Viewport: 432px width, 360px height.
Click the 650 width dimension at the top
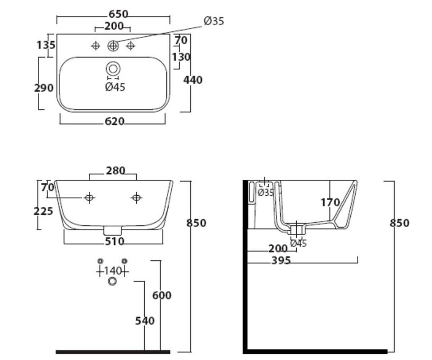tap(118, 14)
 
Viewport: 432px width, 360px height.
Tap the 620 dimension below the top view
tap(114, 121)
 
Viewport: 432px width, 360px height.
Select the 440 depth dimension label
tap(193, 80)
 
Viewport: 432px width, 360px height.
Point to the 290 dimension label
tap(44, 88)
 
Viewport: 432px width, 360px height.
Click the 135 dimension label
tap(46, 45)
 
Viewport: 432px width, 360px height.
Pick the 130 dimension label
tap(181, 57)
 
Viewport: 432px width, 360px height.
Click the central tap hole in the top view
tap(113, 46)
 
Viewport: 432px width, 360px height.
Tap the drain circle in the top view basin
tap(113, 69)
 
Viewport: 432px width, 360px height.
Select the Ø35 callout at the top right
tap(214, 21)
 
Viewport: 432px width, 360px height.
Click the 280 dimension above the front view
tap(116, 171)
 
